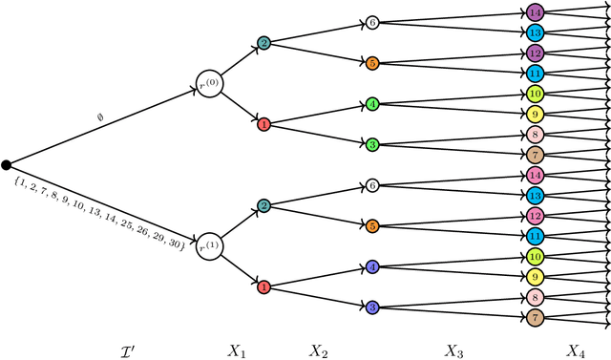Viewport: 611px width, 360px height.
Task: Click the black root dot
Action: pyautogui.click(x=6, y=165)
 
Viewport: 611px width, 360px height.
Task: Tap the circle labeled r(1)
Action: pyautogui.click(x=209, y=247)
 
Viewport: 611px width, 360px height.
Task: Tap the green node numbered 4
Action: pyautogui.click(x=372, y=103)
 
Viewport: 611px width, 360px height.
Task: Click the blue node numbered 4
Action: pyautogui.click(x=372, y=267)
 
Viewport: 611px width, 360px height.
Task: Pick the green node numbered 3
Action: pyautogui.click(x=372, y=144)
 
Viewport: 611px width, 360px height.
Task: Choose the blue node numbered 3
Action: pyautogui.click(x=372, y=307)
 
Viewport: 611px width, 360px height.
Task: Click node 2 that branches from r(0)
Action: pyautogui.click(x=264, y=43)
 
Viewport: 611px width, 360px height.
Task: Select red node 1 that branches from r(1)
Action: pyautogui.click(x=264, y=286)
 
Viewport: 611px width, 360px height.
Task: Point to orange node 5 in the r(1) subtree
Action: pyautogui.click(x=372, y=226)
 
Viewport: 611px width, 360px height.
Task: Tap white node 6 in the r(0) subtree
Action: pyautogui.click(x=372, y=22)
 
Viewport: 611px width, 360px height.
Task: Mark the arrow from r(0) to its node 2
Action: pyautogui.click(x=240, y=61)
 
